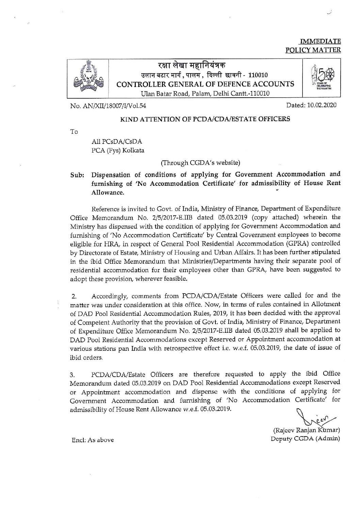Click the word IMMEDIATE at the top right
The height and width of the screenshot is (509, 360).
pyautogui.click(x=320, y=42)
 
